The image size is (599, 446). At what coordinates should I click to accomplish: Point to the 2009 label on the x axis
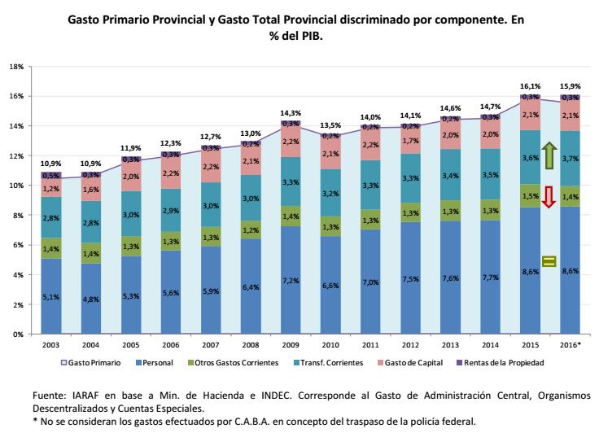(x=290, y=345)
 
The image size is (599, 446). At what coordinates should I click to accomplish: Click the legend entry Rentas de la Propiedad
(x=504, y=363)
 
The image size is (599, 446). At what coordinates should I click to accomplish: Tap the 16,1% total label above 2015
(x=530, y=85)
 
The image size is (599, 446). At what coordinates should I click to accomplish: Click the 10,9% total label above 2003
(x=52, y=164)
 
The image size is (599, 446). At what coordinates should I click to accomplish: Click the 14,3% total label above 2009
(x=291, y=113)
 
